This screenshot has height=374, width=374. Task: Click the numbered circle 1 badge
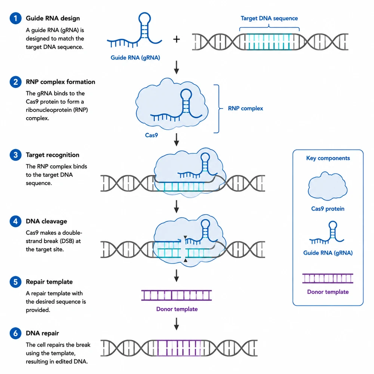(15, 18)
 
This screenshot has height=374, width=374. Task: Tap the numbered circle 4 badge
(15, 221)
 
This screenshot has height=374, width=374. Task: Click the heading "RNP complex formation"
(60, 82)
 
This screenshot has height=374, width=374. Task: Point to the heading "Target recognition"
(52, 155)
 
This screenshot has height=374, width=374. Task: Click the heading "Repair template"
(49, 282)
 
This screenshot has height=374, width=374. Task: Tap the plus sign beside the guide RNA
(177, 39)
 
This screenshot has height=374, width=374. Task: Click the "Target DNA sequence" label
(269, 18)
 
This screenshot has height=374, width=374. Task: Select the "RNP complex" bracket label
(245, 108)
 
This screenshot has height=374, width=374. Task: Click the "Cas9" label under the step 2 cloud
(151, 135)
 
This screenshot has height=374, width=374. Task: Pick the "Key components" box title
(328, 158)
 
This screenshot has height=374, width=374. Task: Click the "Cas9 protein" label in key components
(328, 209)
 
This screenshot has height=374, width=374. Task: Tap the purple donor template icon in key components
(328, 278)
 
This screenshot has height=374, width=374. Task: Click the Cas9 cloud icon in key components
(328, 186)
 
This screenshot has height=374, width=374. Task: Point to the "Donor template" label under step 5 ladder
(177, 309)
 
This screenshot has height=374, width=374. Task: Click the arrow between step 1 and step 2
(177, 67)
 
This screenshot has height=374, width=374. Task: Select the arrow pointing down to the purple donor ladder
(177, 276)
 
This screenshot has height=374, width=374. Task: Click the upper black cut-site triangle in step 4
(186, 237)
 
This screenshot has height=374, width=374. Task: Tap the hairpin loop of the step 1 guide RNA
(145, 19)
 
